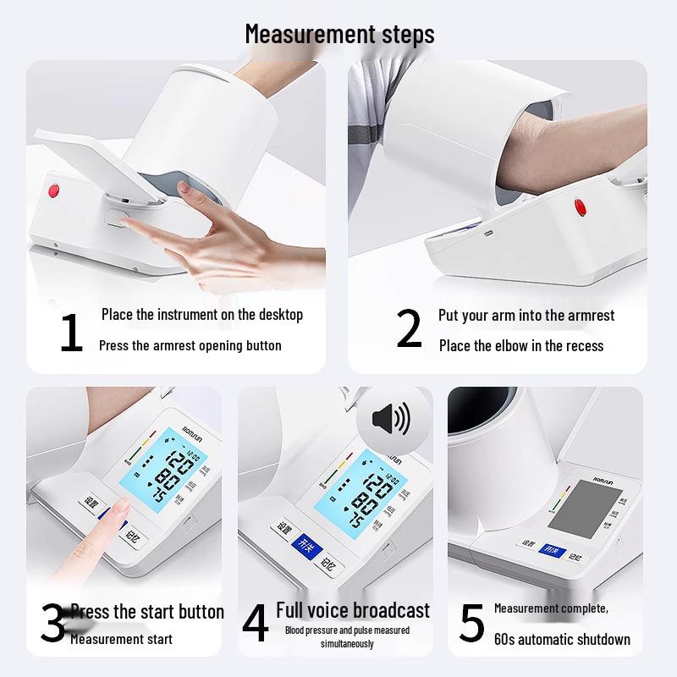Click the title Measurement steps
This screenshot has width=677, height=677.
(339, 34)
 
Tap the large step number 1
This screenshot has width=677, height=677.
(71, 333)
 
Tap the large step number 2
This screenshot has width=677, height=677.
(409, 329)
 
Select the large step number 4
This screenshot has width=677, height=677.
(256, 624)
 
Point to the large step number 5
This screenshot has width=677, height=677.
(471, 624)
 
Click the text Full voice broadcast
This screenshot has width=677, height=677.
(353, 610)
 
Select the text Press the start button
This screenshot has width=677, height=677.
(147, 612)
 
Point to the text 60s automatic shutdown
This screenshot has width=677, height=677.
(562, 639)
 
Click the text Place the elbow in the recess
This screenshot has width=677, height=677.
(520, 345)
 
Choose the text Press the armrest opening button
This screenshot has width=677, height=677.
(190, 345)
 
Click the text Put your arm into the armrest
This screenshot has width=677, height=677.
(526, 316)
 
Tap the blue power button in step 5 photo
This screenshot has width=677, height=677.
(552, 551)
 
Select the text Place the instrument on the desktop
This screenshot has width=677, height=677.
(201, 315)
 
